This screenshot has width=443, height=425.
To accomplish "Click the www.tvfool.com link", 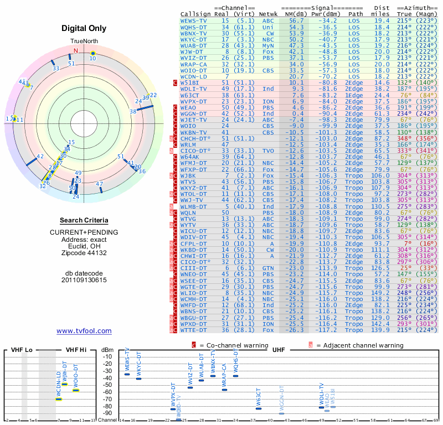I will pos(84,331).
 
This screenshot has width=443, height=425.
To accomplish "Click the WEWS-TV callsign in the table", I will pos(194,20).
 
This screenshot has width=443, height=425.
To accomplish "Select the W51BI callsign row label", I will pos(190,82).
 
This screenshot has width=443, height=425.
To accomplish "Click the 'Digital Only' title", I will pos(84,28).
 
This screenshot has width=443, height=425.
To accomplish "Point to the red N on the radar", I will pos(76,51).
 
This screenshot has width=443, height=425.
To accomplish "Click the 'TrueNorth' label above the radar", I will pos(84,42).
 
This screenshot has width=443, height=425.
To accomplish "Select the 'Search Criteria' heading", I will pos(84,220).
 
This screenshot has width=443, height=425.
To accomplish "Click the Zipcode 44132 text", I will pos(84,253).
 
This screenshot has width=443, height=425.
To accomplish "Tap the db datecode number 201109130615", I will pos(84,280).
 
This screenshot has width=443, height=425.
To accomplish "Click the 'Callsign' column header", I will pos(195,14).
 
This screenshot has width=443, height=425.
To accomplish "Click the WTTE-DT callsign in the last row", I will pos(194,330).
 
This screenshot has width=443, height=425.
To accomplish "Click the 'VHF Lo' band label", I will pos(20,350).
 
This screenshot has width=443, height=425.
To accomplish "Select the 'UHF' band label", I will pos(279,350).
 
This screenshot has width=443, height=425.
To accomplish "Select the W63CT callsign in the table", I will pos(192,95).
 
